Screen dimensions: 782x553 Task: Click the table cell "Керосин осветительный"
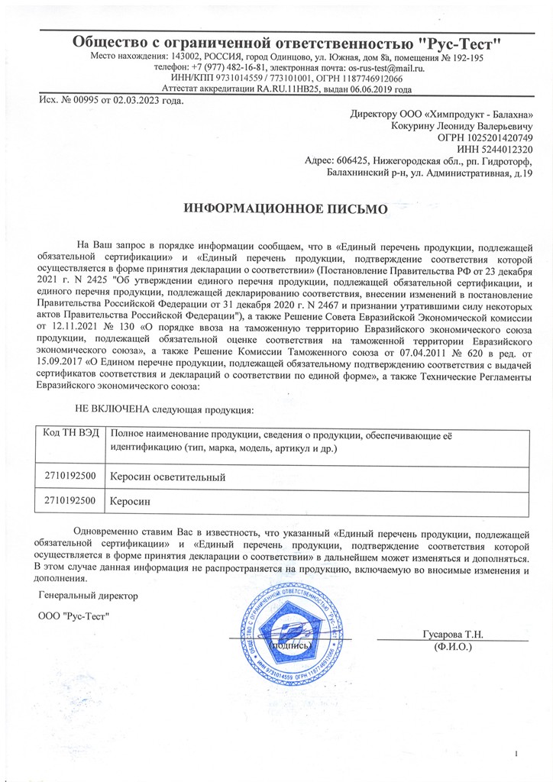pyautogui.click(x=168, y=477)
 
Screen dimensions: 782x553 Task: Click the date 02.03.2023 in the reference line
pyautogui.click(x=141, y=102)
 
